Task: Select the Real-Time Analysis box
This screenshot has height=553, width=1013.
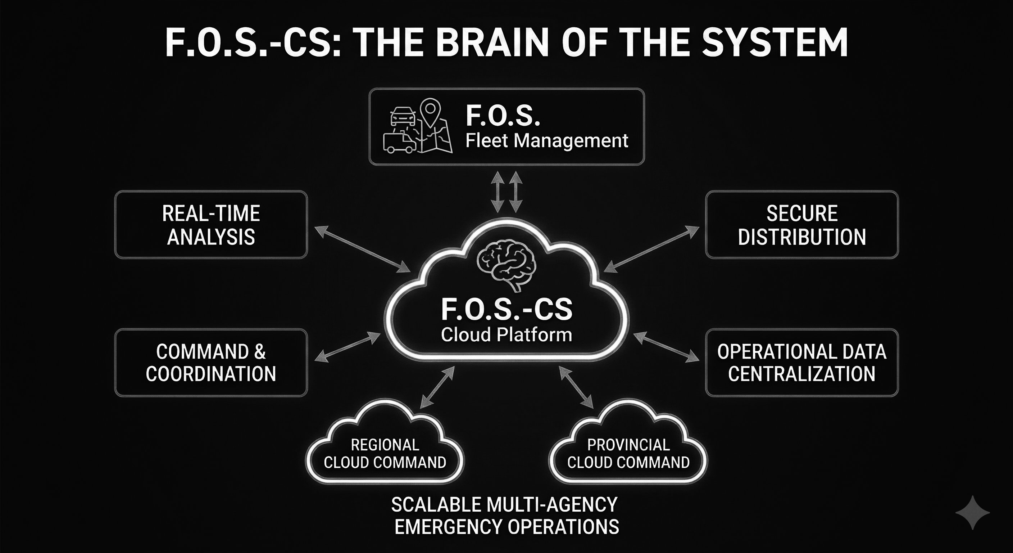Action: pos(211,225)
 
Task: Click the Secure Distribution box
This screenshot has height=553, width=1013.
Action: pos(802,225)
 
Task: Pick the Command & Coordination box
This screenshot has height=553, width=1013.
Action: pos(211,363)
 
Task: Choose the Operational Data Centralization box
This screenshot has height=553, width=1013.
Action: pos(802,363)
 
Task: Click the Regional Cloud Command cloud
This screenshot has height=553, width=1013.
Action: pos(385,449)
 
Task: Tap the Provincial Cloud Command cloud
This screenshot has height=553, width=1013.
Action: pos(628,449)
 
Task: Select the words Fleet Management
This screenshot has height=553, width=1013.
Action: pos(547,140)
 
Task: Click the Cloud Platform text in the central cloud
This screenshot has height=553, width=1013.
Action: pos(506,334)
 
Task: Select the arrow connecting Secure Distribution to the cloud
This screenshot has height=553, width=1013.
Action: pos(651,249)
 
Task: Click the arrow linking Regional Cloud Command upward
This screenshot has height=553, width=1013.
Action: pos(437,387)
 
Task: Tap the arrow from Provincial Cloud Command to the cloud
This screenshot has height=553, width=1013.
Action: pos(577,387)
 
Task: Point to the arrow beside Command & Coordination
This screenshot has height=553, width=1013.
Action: pos(348,347)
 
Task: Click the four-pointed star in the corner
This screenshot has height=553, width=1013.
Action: pos(972,512)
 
